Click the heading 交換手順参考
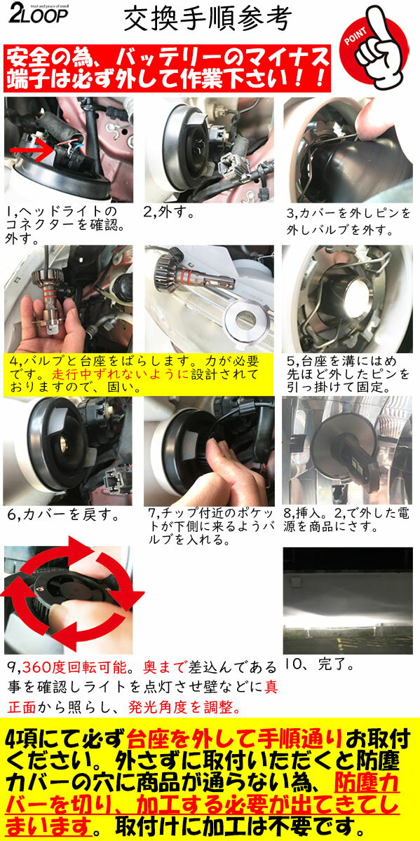[206, 21]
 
